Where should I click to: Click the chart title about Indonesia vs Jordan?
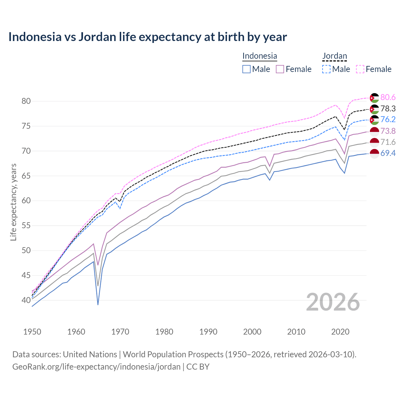point(147,37)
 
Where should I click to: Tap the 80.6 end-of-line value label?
point(388,98)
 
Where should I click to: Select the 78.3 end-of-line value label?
point(388,109)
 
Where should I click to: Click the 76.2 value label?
point(388,120)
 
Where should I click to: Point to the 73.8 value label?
point(388,131)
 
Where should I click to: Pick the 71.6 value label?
point(388,142)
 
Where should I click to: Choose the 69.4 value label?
point(388,153)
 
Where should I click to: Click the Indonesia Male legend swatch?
point(247,69)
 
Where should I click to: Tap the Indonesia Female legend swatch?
point(280,69)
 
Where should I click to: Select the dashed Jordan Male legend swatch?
point(326,69)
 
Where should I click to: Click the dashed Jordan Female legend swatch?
point(360,69)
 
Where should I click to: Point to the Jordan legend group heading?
point(335,56)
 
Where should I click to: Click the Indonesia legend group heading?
point(259,56)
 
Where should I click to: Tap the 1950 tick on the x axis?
point(32,332)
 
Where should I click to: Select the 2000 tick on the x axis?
point(252,332)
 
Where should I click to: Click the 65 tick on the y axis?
point(26,176)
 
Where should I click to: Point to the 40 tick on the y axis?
point(26,300)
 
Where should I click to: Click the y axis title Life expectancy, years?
point(13,202)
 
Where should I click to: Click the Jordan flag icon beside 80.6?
point(374,98)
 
